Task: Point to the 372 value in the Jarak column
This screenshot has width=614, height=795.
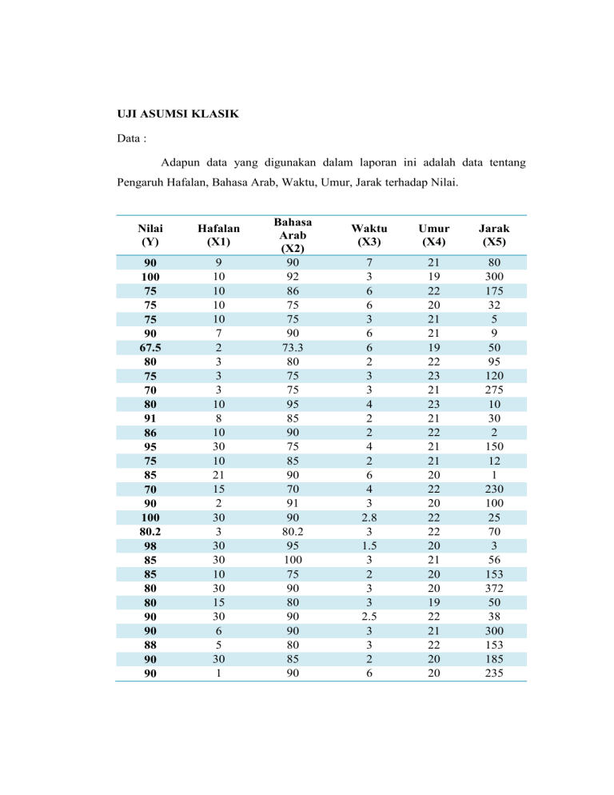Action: click(496, 589)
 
